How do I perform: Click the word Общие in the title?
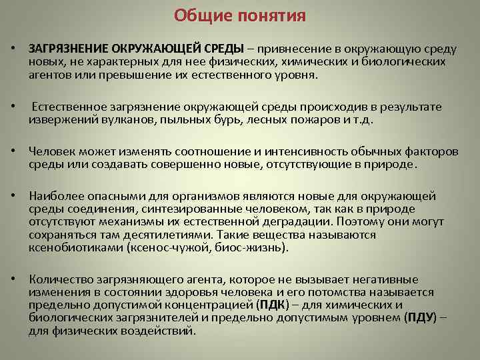click(199, 15)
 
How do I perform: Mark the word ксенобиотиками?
click(74, 248)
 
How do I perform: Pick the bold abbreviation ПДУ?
click(421, 317)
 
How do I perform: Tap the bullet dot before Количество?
click(13, 280)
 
